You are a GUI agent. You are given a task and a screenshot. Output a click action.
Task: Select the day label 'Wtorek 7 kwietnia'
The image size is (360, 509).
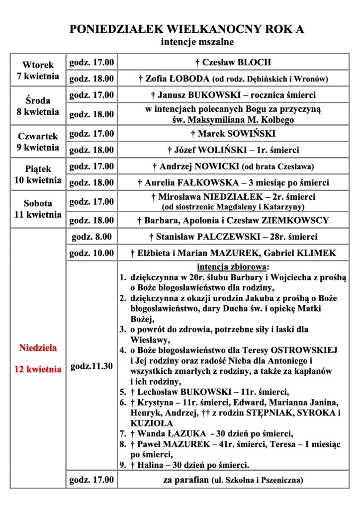(x=38, y=71)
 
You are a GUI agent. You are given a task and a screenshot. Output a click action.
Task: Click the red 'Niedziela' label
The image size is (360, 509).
(x=38, y=348)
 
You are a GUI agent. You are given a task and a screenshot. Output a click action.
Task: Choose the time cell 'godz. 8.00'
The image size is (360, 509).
(x=91, y=237)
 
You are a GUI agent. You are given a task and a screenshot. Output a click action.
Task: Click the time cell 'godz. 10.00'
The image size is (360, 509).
(x=91, y=253)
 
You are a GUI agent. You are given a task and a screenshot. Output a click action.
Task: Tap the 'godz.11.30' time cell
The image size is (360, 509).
(x=91, y=366)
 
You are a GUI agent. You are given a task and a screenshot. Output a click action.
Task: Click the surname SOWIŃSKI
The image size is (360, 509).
(x=244, y=134)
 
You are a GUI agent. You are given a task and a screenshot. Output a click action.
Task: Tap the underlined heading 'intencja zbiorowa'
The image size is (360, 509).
(x=233, y=266)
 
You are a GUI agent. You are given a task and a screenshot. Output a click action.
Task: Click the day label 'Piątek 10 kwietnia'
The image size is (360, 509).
(x=38, y=174)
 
